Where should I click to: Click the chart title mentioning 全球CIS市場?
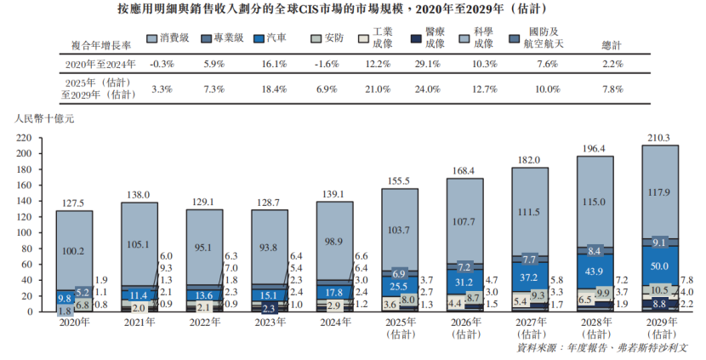click(x=353, y=11)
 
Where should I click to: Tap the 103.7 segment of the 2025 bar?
click(x=400, y=231)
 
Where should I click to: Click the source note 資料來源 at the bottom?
click(x=606, y=348)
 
